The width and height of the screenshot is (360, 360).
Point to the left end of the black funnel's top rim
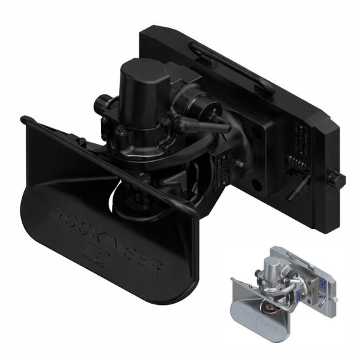26,120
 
